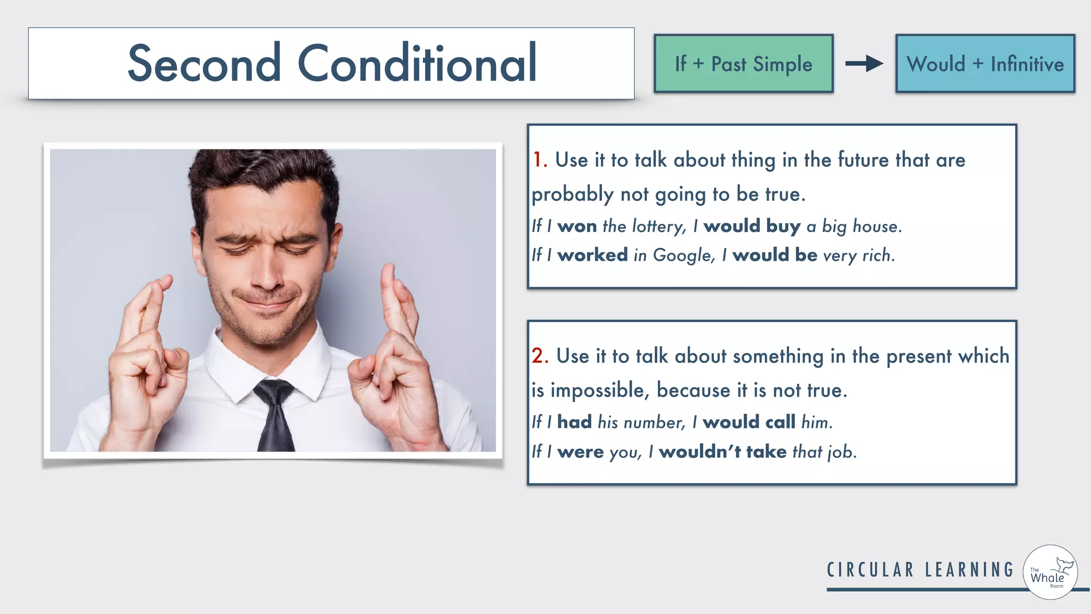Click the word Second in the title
coord(204,63)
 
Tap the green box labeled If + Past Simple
coord(743,64)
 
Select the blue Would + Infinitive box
coord(985,64)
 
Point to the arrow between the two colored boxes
coord(864,64)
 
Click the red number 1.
coord(539,160)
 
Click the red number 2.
coord(539,356)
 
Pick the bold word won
coord(577,227)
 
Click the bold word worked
coord(592,255)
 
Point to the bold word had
coord(574,422)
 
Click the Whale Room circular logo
coord(1050,572)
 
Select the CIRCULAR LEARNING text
coord(920,570)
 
